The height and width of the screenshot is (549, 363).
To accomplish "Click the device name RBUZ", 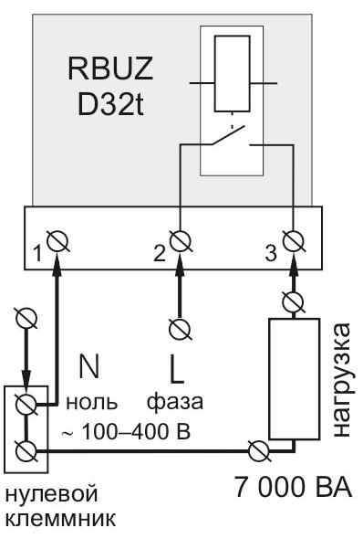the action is coord(110,69).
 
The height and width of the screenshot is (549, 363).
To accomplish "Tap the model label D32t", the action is coord(110,104).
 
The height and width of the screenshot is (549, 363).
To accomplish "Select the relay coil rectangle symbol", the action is coord(233,73).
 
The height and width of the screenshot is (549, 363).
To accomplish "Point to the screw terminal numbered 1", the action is coord(57,241).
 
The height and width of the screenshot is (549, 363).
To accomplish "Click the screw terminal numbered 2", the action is coord(181,241).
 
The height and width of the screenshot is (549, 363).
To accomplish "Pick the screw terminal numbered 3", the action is coord(294,241).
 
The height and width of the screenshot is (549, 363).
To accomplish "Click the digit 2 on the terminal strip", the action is coord(159,254).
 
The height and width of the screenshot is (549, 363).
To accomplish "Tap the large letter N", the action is coord(89,366).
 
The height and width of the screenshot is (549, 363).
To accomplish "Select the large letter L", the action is coord(176,368).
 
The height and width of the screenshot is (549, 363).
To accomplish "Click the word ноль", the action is coord(91,403).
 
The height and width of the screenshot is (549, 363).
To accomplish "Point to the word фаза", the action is coord(174,404).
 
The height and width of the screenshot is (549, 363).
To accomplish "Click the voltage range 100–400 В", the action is coord(136,432).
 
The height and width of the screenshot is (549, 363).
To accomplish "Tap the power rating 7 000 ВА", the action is coord(293,487).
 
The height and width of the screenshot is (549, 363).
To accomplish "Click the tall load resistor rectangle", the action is coord(294,379).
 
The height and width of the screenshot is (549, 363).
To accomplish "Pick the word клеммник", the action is coord(61,519).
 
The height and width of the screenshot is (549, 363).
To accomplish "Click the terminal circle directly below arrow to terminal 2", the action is coord(181,329).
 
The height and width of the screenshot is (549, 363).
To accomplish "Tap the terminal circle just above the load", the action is coord(293,302).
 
